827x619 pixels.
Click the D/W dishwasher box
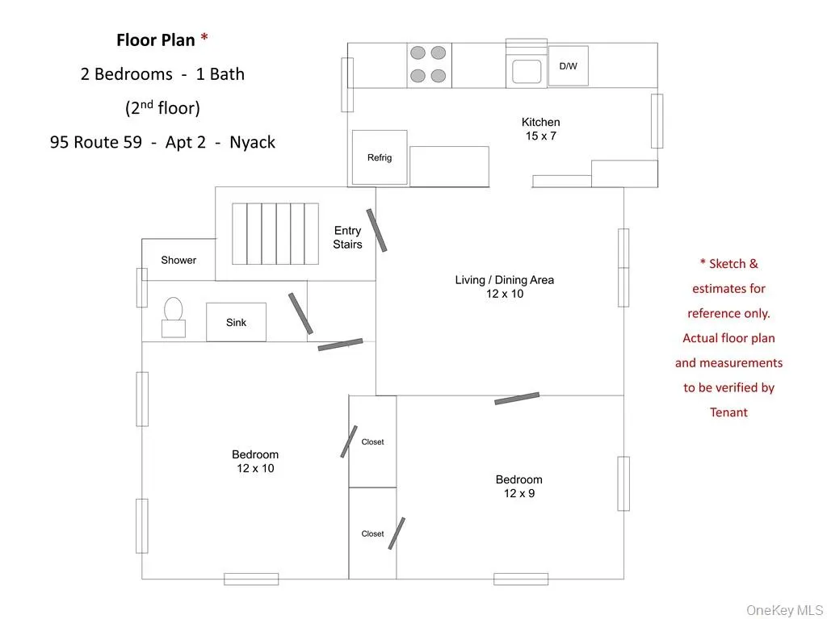[569, 66]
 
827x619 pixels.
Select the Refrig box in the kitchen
[380, 157]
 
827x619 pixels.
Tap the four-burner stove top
[428, 65]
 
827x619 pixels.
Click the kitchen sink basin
[526, 72]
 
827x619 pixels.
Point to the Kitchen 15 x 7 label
[540, 129]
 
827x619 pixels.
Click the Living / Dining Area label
[505, 286]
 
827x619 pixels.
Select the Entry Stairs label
[347, 237]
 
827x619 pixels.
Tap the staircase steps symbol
[275, 233]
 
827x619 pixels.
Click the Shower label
[178, 260]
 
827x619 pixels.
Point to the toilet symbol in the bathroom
[174, 316]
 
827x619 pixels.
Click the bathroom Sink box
[236, 322]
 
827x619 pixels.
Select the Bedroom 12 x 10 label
[255, 461]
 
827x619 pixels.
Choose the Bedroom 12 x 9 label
[519, 486]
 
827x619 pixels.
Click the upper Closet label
[372, 441]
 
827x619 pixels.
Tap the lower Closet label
[372, 533]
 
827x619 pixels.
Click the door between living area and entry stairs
[376, 230]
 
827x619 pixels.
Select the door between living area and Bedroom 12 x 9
[517, 398]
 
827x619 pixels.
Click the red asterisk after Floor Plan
[204, 39]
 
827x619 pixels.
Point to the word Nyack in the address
[252, 142]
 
